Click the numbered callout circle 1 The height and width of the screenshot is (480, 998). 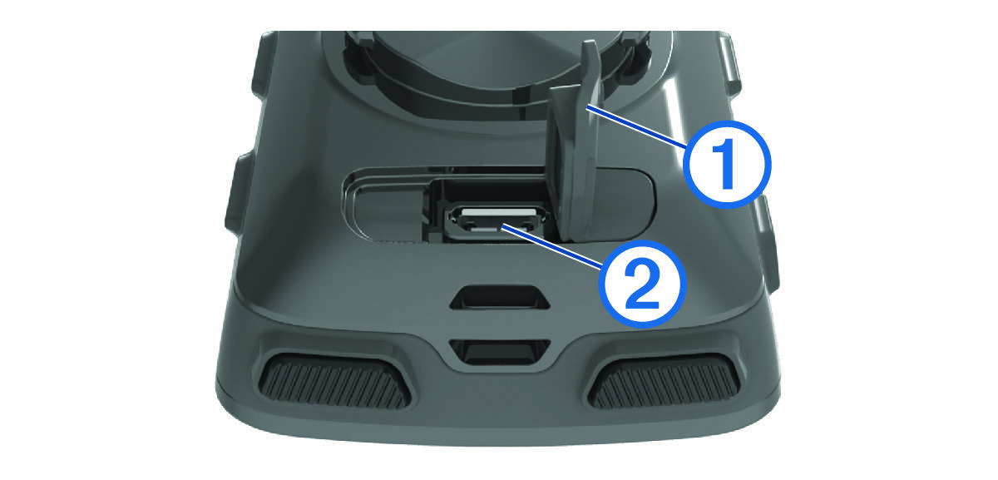coord(727,165)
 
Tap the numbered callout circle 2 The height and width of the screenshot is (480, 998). coord(642,284)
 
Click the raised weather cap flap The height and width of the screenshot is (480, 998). coord(575,147)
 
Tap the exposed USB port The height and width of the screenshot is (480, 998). coord(498,222)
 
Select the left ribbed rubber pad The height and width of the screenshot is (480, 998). coord(335,380)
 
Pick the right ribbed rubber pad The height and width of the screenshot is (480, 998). coord(664,380)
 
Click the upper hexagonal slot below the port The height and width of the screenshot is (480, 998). coord(500,298)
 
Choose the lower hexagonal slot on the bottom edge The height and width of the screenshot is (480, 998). coord(500,352)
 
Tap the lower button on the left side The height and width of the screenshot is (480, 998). coord(235,194)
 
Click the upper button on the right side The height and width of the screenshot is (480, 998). coord(731,67)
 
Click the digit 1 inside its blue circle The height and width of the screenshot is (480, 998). coord(726,164)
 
